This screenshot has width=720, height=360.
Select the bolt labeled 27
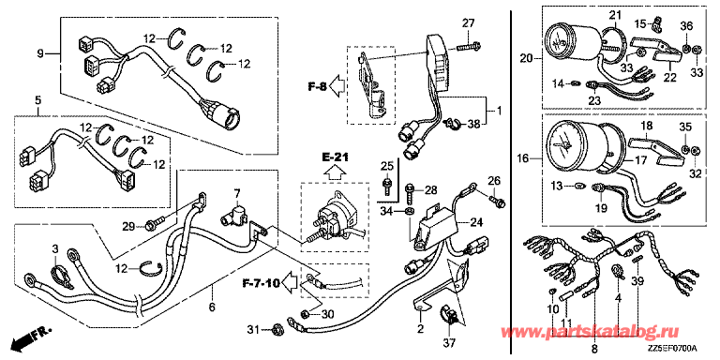tap(470, 46)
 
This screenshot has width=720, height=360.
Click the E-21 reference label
tap(334, 157)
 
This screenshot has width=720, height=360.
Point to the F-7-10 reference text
tap(261, 283)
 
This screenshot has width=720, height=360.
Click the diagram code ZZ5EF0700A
tap(673, 349)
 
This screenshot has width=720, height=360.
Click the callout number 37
tap(452, 342)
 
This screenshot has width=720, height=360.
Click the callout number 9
tap(40, 53)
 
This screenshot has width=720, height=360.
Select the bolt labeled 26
tap(497, 201)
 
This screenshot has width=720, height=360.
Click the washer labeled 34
tap(409, 211)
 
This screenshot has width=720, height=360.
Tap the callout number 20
tap(526, 58)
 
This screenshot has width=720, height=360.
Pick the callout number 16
tap(526, 158)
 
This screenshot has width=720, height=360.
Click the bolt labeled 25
tap(386, 187)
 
